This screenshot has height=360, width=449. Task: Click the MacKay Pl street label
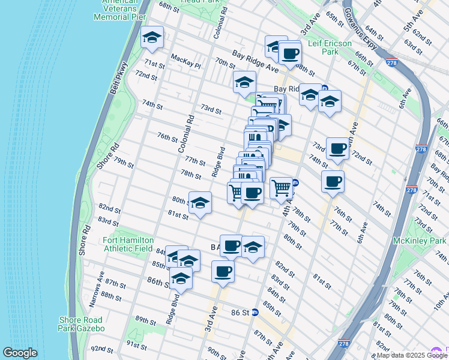184,58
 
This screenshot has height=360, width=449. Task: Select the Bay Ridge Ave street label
256,62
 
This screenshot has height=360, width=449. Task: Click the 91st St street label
136,346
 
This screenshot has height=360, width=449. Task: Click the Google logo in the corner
20,353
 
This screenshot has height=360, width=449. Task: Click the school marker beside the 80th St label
200,203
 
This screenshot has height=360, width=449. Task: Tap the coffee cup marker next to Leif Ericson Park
290,52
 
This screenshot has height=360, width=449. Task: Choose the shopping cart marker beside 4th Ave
281,187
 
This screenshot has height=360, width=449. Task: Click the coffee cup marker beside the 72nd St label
337,148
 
